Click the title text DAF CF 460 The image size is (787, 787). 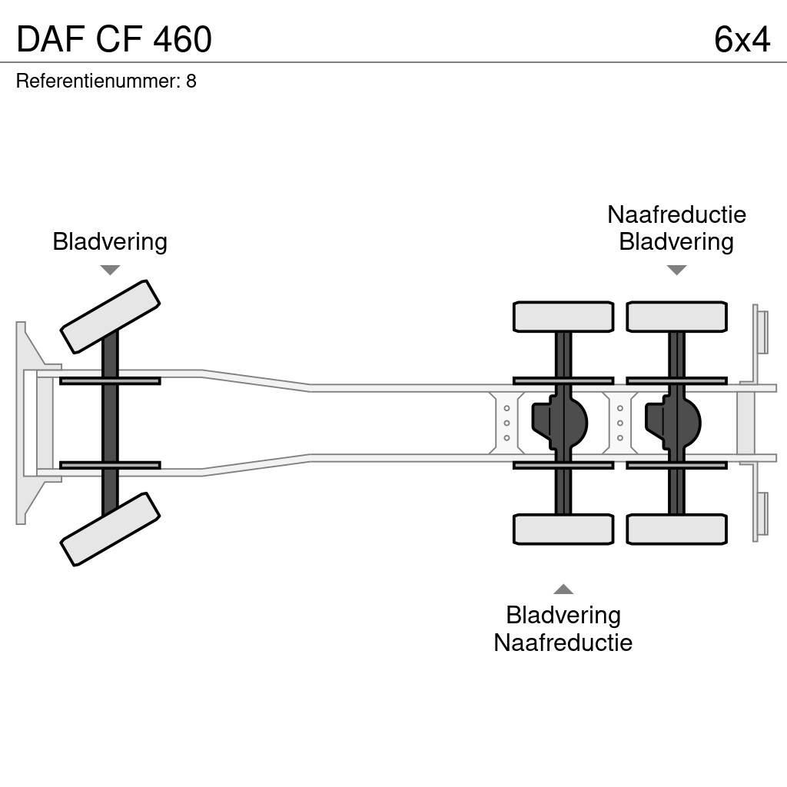coord(114,40)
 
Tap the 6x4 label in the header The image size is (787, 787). coord(741,40)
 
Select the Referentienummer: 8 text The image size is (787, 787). coord(106,81)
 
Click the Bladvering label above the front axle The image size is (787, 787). coord(110,241)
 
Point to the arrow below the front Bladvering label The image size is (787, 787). coord(110,270)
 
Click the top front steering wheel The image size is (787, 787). coord(110,316)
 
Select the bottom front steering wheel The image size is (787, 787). coord(110,529)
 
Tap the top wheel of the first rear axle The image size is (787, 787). coord(563,317)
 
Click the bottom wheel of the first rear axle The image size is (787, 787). coord(563,529)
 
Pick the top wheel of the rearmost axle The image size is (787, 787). coord(676,317)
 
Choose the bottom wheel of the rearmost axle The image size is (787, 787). coord(676,529)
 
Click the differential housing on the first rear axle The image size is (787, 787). coord(560,422)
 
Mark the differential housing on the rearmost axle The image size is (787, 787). coord(673,422)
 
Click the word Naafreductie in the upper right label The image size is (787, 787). coord(676,214)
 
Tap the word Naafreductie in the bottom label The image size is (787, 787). coord(563,643)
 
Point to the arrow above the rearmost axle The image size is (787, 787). coord(676,270)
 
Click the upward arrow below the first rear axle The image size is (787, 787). coord(563,589)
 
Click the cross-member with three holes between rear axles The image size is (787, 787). coord(620,423)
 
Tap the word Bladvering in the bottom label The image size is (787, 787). coord(563,615)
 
